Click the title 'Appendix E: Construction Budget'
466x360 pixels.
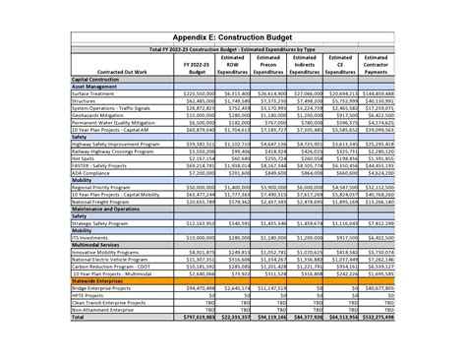point(232,35)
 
